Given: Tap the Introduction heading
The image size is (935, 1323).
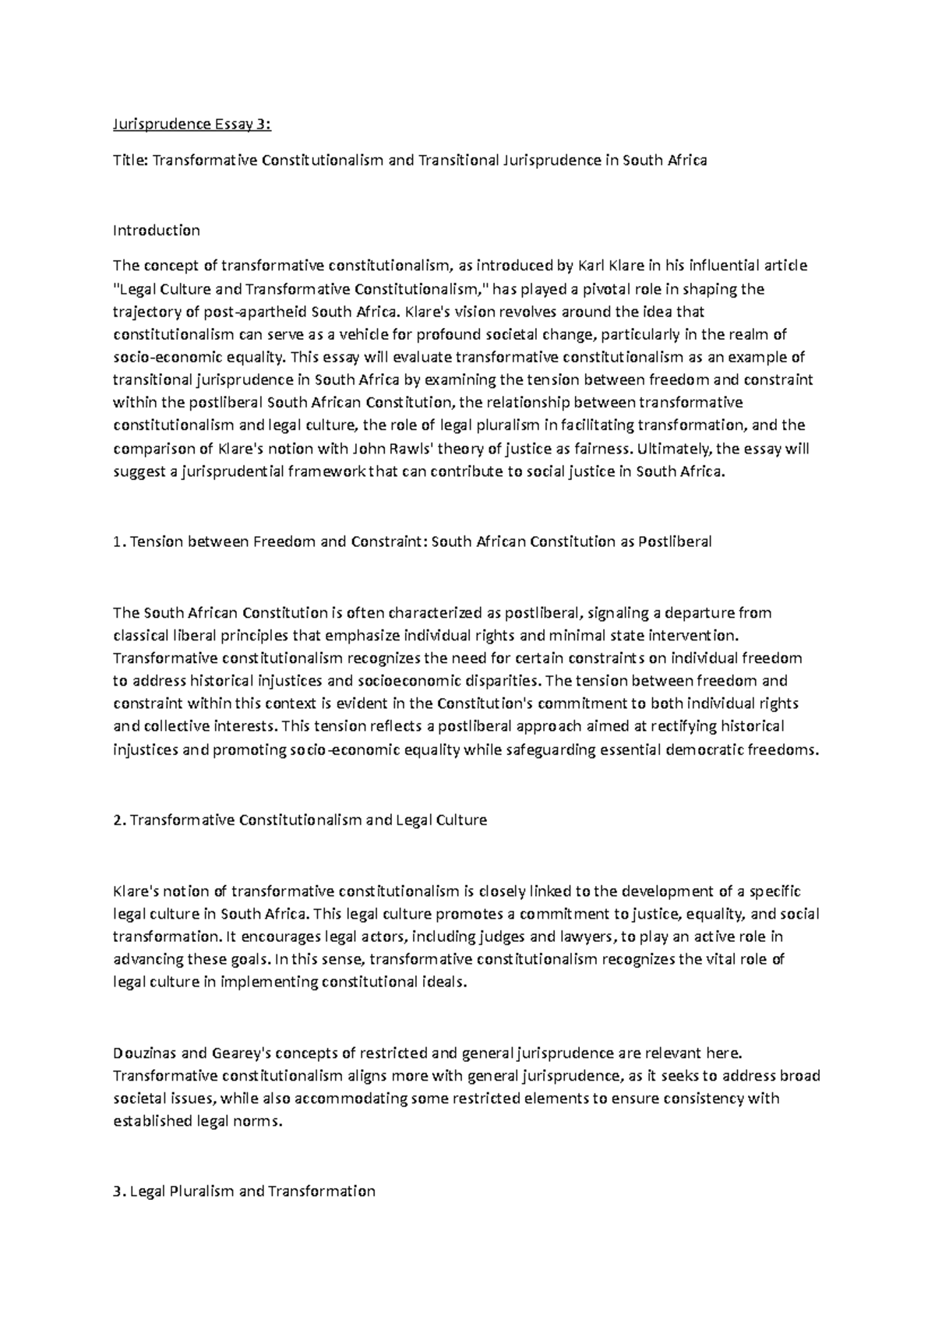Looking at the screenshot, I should point(157,230).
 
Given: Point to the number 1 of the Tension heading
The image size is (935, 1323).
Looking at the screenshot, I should point(117,542).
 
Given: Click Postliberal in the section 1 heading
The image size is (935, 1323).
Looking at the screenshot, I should point(675,542).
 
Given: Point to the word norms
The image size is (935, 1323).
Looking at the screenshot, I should point(257,1122).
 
